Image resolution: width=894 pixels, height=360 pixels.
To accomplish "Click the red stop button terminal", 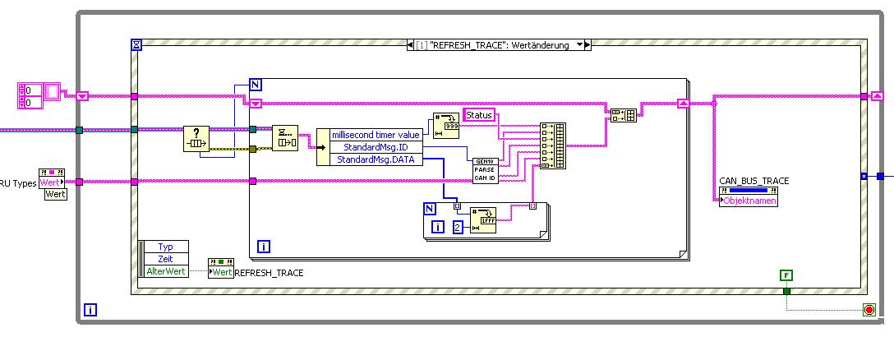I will click(x=869, y=310).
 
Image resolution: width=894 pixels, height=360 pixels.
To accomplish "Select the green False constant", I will click(x=786, y=275).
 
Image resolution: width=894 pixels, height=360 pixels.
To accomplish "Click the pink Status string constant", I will click(x=479, y=115).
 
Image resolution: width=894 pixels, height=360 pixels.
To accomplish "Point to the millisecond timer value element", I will click(x=376, y=135).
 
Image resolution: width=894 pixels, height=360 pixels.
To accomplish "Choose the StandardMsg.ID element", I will click(x=376, y=147).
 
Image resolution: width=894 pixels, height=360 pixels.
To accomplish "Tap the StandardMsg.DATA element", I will click(x=376, y=159).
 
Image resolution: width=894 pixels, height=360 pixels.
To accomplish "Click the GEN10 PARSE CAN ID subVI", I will click(x=485, y=169).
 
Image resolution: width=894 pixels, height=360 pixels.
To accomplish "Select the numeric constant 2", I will click(x=459, y=227).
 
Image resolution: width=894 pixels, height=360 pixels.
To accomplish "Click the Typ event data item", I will click(x=165, y=247).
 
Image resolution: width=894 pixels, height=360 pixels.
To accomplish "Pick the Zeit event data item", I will click(x=165, y=259).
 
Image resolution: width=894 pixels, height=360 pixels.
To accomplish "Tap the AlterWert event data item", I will click(x=165, y=271).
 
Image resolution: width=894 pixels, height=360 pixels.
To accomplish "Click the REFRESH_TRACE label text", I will click(x=269, y=272).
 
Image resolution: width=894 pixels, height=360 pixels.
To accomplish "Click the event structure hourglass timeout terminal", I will click(x=137, y=45).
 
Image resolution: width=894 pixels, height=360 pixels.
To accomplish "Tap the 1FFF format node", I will click(x=483, y=220).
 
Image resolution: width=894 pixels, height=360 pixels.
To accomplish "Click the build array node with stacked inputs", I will click(x=553, y=145).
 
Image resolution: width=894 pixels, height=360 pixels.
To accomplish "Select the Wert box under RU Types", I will click(x=55, y=194).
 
